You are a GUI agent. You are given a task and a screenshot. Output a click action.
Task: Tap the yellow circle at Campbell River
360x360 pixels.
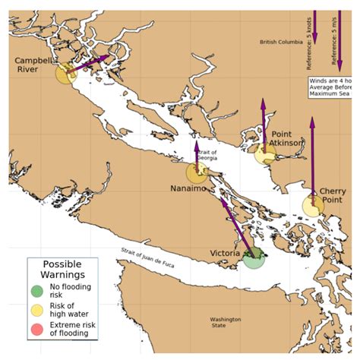click(x=66, y=73)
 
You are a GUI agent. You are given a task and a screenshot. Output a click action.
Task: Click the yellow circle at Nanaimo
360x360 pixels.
click(x=197, y=172)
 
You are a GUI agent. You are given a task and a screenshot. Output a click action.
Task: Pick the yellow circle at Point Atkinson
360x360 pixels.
click(x=264, y=155)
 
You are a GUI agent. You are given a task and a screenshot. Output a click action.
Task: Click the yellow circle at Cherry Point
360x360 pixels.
click(x=312, y=205)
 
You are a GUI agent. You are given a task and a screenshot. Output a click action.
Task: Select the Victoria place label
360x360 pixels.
click(x=225, y=253)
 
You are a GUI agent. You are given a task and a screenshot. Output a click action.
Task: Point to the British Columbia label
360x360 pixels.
click(x=279, y=42)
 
